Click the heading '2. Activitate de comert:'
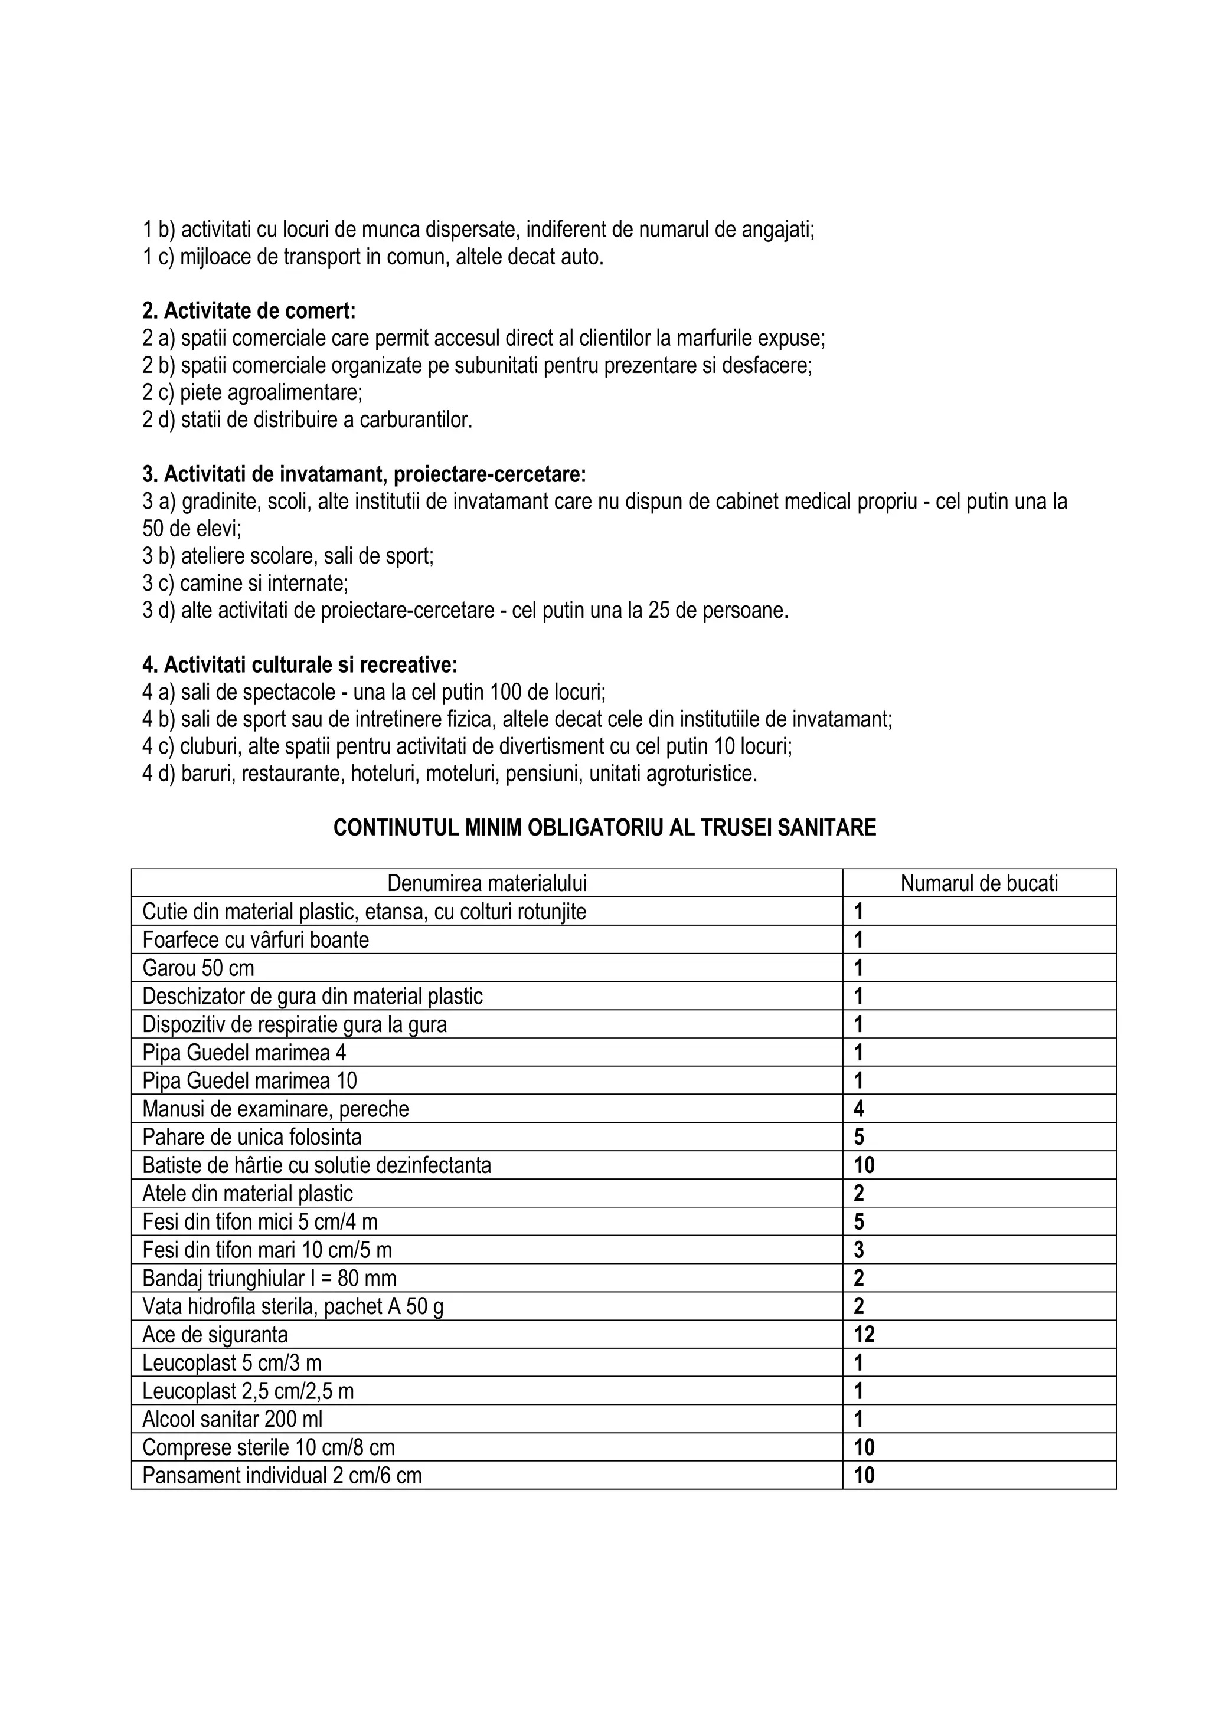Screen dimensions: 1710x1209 (249, 310)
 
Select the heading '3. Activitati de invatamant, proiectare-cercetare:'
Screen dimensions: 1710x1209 (364, 474)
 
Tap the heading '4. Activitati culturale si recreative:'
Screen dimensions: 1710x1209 (299, 664)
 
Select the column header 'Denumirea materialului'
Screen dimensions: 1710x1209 (486, 883)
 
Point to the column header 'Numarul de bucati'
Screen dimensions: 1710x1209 (979, 883)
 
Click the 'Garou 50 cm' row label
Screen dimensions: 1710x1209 (198, 968)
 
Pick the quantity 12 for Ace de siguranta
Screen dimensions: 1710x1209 (864, 1335)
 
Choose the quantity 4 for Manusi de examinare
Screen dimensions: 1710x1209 (859, 1109)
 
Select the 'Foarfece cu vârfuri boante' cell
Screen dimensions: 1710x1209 (256, 940)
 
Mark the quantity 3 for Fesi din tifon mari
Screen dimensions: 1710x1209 (859, 1250)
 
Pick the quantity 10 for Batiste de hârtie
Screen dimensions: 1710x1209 (864, 1165)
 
